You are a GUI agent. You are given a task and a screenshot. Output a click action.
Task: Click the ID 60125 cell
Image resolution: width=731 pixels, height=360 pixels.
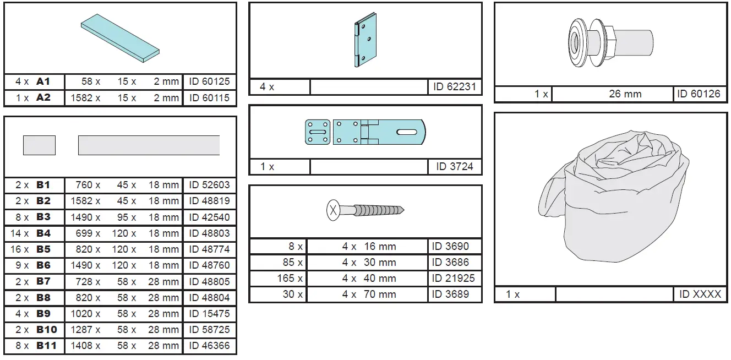(x=209, y=81)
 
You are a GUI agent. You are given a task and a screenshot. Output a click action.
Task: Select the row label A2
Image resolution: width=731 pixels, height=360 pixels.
(x=43, y=98)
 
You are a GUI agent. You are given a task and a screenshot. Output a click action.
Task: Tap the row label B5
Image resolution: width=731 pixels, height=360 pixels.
(x=43, y=249)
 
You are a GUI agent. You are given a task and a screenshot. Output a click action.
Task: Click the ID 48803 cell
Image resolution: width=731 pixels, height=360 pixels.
(x=209, y=233)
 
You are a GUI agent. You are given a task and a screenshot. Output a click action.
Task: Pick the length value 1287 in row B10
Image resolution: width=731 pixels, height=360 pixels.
(x=85, y=330)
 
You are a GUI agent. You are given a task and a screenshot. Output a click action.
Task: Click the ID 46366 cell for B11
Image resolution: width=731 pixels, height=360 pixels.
(x=209, y=346)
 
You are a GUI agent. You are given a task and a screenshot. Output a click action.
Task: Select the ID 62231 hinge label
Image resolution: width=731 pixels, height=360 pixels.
(x=454, y=86)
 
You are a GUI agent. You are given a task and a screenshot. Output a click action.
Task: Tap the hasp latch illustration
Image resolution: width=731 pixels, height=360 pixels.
(x=365, y=133)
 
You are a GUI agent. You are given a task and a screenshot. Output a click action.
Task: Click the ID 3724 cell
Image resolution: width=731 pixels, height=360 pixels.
(x=454, y=166)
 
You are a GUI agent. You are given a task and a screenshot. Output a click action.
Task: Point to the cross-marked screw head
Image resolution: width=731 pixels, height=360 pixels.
(x=334, y=211)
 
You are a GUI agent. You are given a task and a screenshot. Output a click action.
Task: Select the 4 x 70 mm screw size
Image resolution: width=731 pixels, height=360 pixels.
(x=368, y=294)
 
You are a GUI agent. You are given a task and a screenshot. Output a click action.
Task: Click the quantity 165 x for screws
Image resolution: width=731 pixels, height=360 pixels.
(x=290, y=279)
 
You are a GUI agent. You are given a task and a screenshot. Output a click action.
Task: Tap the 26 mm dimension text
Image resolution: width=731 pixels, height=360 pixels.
(x=625, y=94)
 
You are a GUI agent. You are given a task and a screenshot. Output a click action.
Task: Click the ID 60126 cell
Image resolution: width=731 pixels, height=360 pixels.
(x=698, y=94)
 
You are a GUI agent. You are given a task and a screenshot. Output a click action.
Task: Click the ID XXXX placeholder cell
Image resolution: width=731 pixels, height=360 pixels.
(x=700, y=294)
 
